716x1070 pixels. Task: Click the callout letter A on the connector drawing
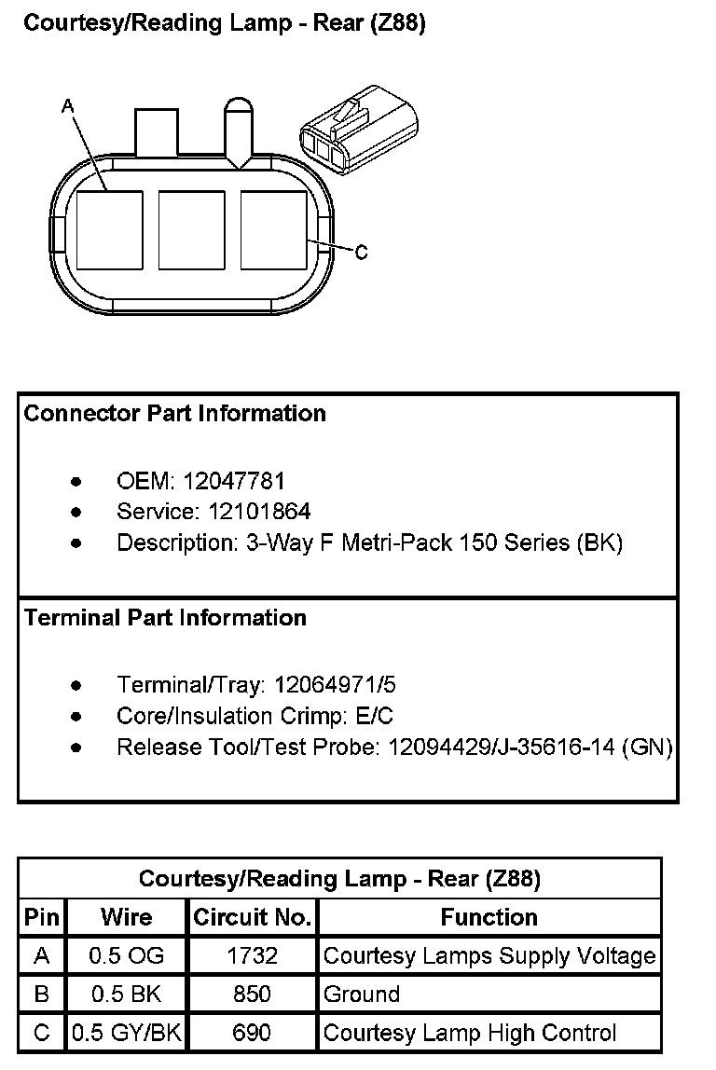click(x=67, y=107)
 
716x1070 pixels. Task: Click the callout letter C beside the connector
click(x=362, y=252)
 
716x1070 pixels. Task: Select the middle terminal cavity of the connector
click(x=191, y=229)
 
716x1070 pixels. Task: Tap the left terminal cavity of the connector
click(x=109, y=229)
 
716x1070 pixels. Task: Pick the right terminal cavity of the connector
click(x=273, y=229)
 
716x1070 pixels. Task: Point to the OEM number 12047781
click(x=234, y=481)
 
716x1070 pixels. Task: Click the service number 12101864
click(x=247, y=511)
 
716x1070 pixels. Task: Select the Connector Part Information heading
click(x=174, y=413)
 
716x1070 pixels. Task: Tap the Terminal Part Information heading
click(x=165, y=617)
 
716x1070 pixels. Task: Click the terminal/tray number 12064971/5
click(x=334, y=685)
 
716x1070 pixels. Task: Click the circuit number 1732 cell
click(x=252, y=955)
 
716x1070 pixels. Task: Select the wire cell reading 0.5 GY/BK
click(x=126, y=1033)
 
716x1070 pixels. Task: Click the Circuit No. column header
click(x=252, y=917)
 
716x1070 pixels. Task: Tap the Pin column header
click(x=41, y=917)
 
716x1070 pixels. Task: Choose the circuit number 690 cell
click(x=252, y=1033)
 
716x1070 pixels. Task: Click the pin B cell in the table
click(x=41, y=995)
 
